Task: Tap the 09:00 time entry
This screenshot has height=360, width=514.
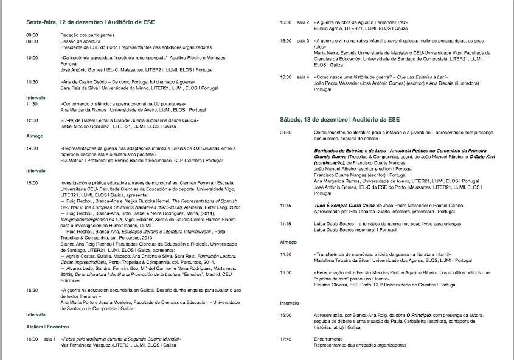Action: click(x=32, y=35)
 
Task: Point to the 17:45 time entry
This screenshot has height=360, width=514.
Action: click(x=286, y=338)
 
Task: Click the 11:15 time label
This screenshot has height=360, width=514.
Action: click(x=286, y=206)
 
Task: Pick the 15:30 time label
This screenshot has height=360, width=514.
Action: click(x=32, y=291)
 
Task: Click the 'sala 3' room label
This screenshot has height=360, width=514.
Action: click(x=303, y=40)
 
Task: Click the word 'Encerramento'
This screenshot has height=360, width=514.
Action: click(x=328, y=338)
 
